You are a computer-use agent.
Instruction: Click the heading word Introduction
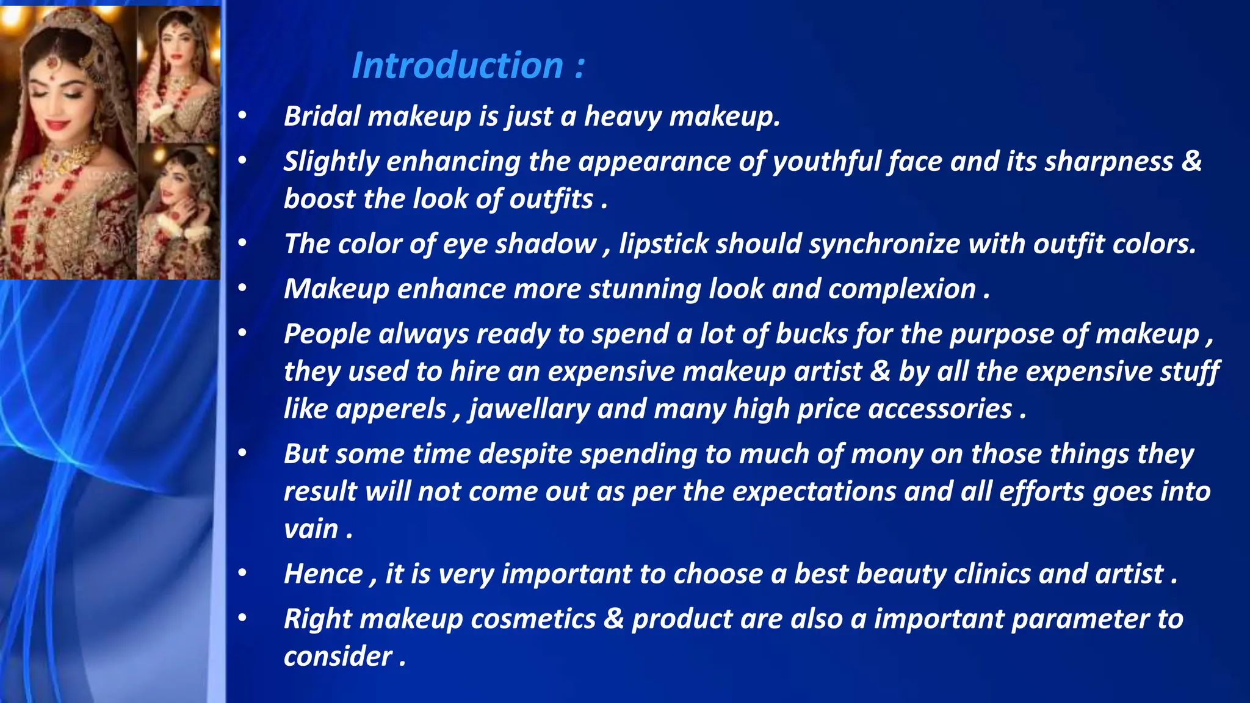(457, 65)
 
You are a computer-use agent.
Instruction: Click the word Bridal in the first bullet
(322, 116)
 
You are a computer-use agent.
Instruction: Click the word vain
(311, 529)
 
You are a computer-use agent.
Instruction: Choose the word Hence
(323, 574)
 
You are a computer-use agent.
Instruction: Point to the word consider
(338, 657)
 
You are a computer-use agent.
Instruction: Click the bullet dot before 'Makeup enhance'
(242, 287)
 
